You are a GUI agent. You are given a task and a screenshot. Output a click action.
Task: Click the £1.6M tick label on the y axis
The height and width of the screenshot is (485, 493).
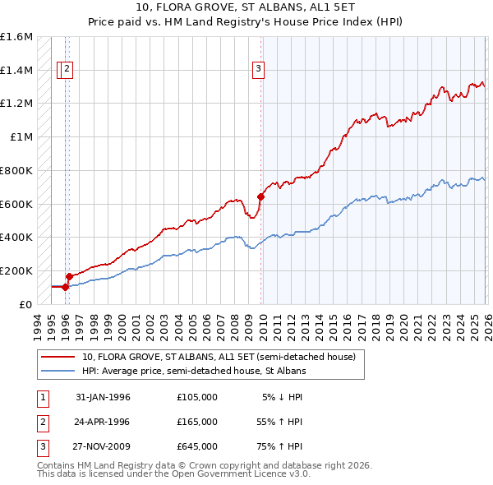pyautogui.click(x=16, y=37)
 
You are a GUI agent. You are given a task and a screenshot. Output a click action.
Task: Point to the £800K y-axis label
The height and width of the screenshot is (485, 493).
pyautogui.click(x=16, y=170)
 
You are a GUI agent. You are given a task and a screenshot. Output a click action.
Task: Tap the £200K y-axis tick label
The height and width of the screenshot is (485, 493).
pyautogui.click(x=16, y=270)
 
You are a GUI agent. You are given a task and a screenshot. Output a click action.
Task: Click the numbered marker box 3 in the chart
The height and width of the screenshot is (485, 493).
pyautogui.click(x=258, y=70)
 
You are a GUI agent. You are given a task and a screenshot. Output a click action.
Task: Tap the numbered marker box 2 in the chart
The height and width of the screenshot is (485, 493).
pyautogui.click(x=67, y=70)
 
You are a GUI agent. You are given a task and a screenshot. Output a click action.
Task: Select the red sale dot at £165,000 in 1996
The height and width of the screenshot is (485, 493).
pyautogui.click(x=69, y=276)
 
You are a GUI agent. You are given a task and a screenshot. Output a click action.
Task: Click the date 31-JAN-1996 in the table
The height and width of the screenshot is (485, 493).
pyautogui.click(x=103, y=397)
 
